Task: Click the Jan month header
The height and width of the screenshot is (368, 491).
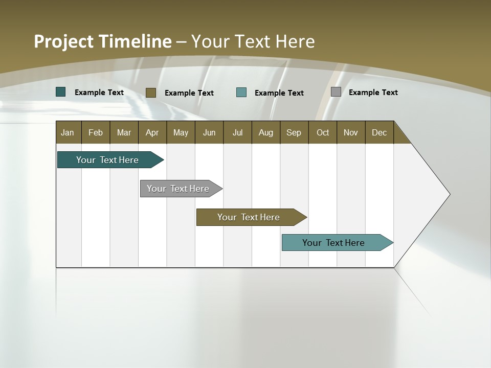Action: tap(68, 132)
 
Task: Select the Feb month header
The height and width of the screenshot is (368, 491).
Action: tap(96, 132)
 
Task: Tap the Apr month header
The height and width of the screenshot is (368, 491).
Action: tap(152, 132)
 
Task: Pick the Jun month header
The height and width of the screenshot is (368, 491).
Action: tap(209, 132)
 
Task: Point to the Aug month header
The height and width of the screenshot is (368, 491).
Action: tap(265, 132)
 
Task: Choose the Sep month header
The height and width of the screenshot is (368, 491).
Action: tap(294, 132)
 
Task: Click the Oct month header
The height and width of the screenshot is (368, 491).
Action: tap(323, 132)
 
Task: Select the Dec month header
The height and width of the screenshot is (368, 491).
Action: tap(379, 132)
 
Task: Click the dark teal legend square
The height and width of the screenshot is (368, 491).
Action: tap(61, 92)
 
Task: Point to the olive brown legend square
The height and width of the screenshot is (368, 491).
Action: tap(151, 93)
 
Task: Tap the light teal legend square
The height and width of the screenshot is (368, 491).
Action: tap(241, 93)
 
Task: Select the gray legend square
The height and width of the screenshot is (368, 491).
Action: tap(336, 92)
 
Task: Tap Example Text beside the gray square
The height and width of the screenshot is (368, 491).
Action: tap(373, 93)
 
